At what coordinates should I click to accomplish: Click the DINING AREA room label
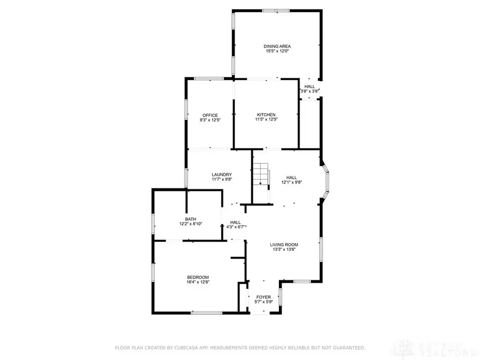click(277, 46)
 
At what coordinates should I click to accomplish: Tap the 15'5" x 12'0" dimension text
click(277, 52)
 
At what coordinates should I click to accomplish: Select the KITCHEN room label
click(266, 115)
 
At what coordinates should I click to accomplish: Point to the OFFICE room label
click(210, 115)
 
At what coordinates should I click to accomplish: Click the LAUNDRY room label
click(221, 174)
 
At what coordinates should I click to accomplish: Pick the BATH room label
click(190, 219)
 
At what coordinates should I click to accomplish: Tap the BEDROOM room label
click(197, 277)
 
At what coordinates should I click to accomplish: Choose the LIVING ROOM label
click(284, 244)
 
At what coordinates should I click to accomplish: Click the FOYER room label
click(263, 297)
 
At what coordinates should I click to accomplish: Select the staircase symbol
click(260, 175)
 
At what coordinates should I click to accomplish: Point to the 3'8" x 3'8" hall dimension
click(310, 91)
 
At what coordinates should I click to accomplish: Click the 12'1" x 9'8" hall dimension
click(292, 182)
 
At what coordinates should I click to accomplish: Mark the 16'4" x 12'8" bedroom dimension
click(197, 282)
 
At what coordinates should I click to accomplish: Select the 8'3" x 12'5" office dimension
click(210, 120)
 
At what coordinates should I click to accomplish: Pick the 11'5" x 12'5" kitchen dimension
click(266, 120)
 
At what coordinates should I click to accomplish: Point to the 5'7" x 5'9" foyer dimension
click(263, 302)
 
